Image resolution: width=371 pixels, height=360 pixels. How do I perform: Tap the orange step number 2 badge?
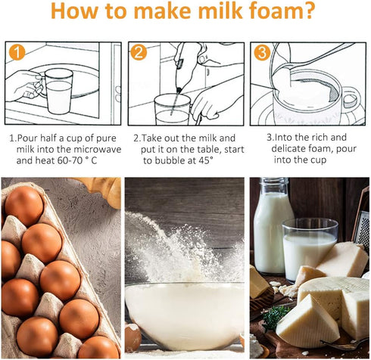pos(138,53)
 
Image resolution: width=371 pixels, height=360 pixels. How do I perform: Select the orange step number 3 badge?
pos(261,53)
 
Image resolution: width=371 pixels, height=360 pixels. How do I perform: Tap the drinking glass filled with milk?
pos(309,250)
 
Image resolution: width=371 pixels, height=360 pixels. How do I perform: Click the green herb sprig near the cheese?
pos(274,316)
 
